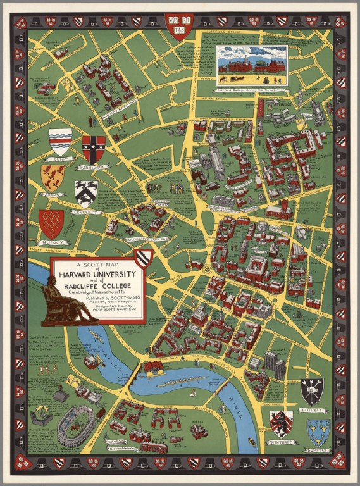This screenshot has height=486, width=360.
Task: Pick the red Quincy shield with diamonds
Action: tap(51, 223)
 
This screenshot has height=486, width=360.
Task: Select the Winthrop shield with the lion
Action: tap(280, 423)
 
